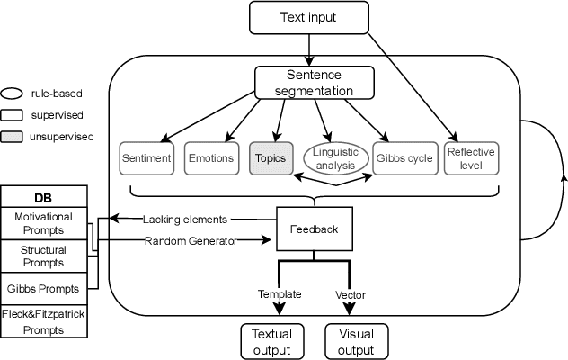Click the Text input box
click(x=309, y=17)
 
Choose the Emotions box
click(x=210, y=158)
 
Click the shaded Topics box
click(x=270, y=158)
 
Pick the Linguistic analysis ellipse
click(x=333, y=158)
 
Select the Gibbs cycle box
click(x=403, y=158)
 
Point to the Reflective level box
click(x=470, y=157)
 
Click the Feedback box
click(x=314, y=229)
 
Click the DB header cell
click(x=43, y=196)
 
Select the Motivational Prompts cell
click(x=43, y=224)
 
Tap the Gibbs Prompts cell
click(x=43, y=288)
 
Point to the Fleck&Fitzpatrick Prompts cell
click(x=43, y=321)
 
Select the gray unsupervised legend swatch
click(x=13, y=136)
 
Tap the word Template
click(x=280, y=294)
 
